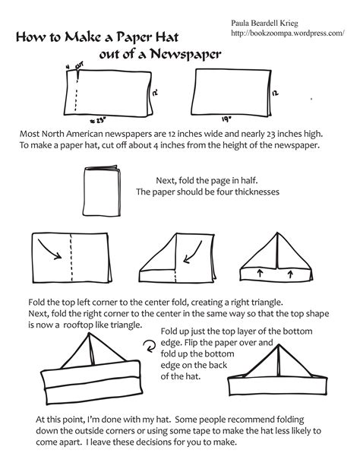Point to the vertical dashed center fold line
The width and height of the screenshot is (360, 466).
[x=70, y=255]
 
